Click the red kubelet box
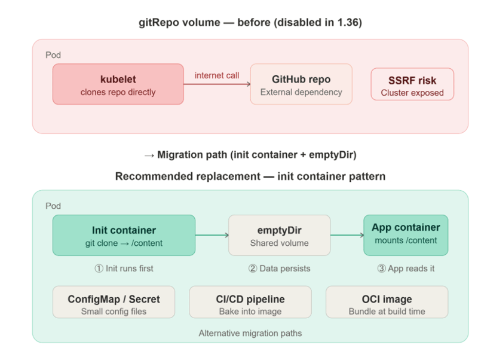coord(118,84)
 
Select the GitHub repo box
coord(301,84)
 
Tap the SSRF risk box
coord(412,84)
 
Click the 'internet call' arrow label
coord(216,75)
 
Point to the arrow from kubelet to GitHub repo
coord(216,84)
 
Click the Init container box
coord(124,236)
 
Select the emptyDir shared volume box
coord(279,236)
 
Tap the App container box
coord(406,234)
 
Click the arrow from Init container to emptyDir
coord(212,236)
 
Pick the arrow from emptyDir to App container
coord(347,236)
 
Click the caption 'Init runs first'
coord(124,269)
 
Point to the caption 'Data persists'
coord(279,269)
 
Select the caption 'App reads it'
coord(406,269)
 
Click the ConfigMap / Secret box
coord(114,302)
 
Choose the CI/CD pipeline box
coord(250,302)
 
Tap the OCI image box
coord(387,302)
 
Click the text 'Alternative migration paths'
coord(250,333)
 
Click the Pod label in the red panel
coord(53,55)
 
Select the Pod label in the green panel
coord(53,206)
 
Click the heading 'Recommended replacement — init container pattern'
coord(250,177)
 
